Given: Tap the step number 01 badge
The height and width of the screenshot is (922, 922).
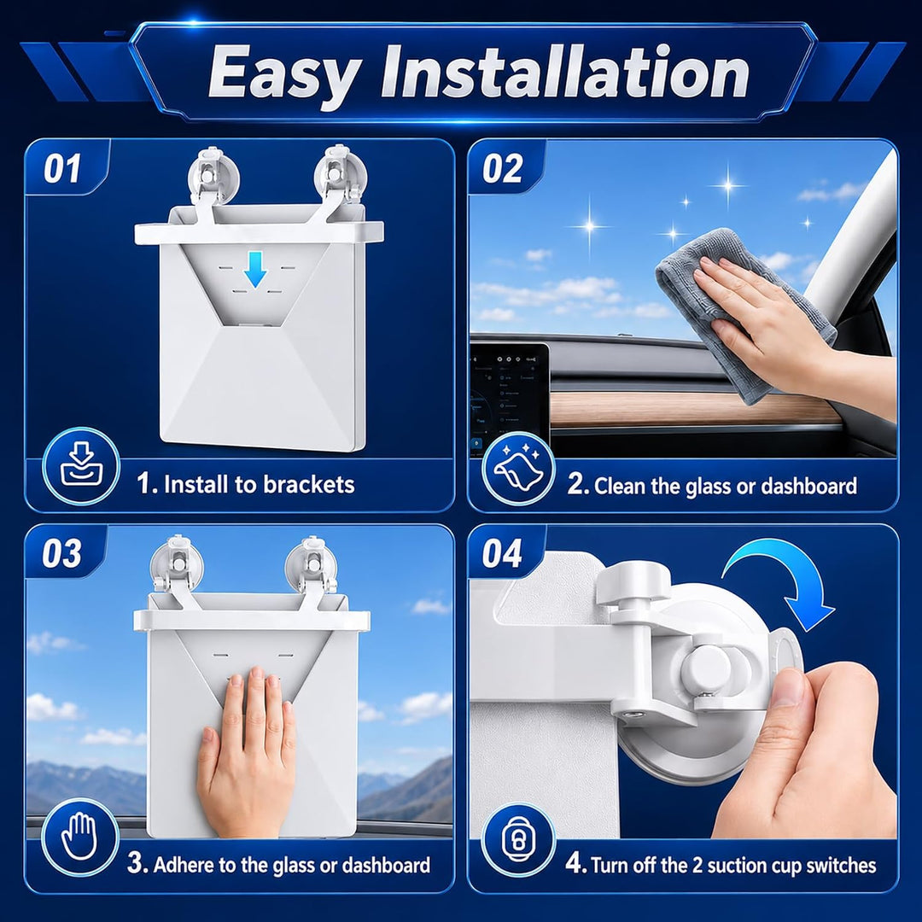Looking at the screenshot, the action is click(62, 169).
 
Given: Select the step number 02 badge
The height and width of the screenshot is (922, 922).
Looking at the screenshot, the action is click(502, 169).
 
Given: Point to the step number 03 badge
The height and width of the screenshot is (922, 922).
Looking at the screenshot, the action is click(61, 553).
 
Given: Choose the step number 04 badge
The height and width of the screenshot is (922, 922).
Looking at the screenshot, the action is click(502, 553).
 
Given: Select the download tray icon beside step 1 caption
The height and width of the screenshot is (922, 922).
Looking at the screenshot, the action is click(81, 466).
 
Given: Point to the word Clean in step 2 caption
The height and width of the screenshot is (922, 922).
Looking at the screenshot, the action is click(620, 487).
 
